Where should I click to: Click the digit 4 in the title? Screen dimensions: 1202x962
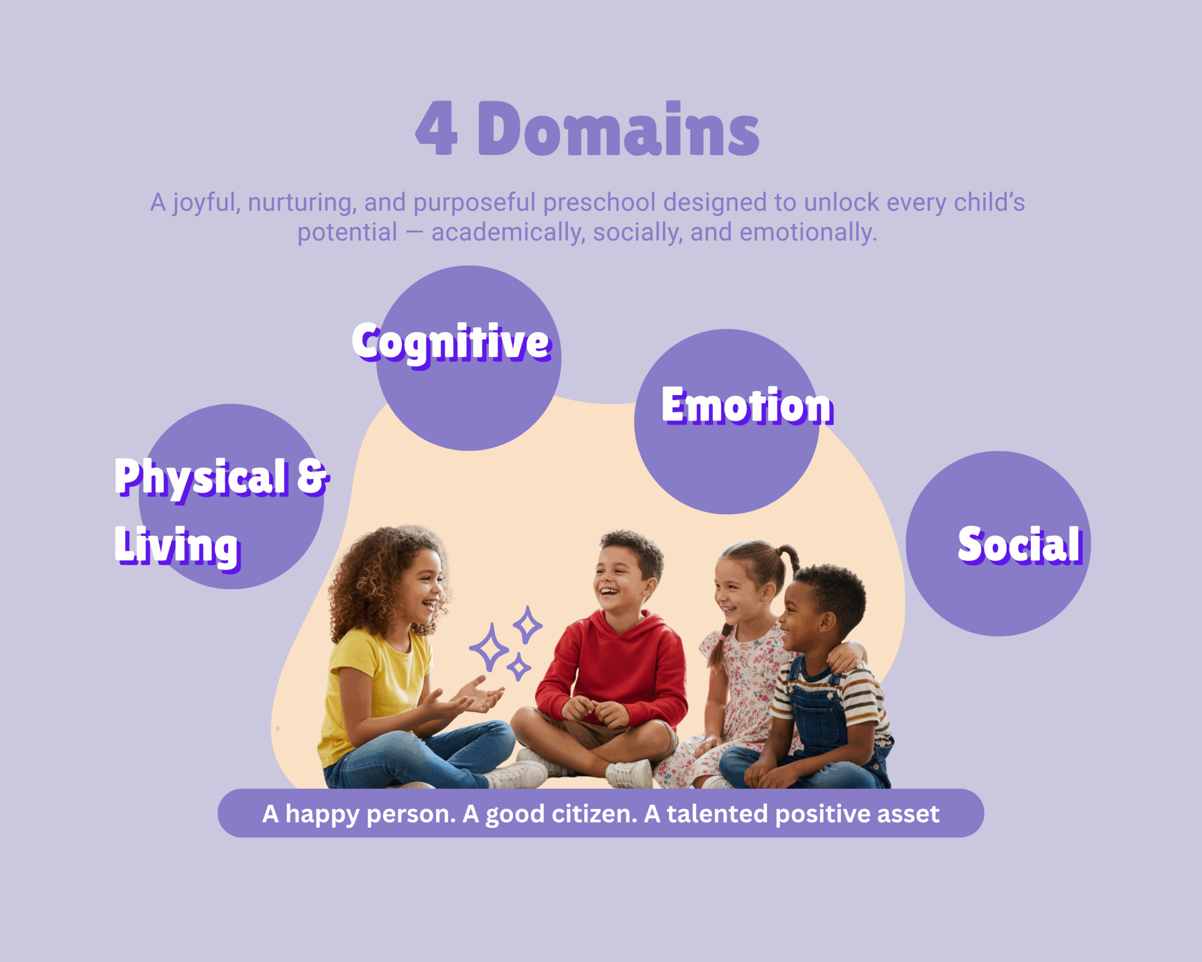[437, 128]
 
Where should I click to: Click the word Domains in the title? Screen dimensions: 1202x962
[618, 128]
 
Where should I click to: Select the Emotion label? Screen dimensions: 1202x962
[747, 405]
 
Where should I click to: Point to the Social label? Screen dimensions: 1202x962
[1020, 544]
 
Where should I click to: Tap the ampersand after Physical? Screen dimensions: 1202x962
[313, 477]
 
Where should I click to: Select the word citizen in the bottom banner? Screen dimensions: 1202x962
[594, 814]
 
